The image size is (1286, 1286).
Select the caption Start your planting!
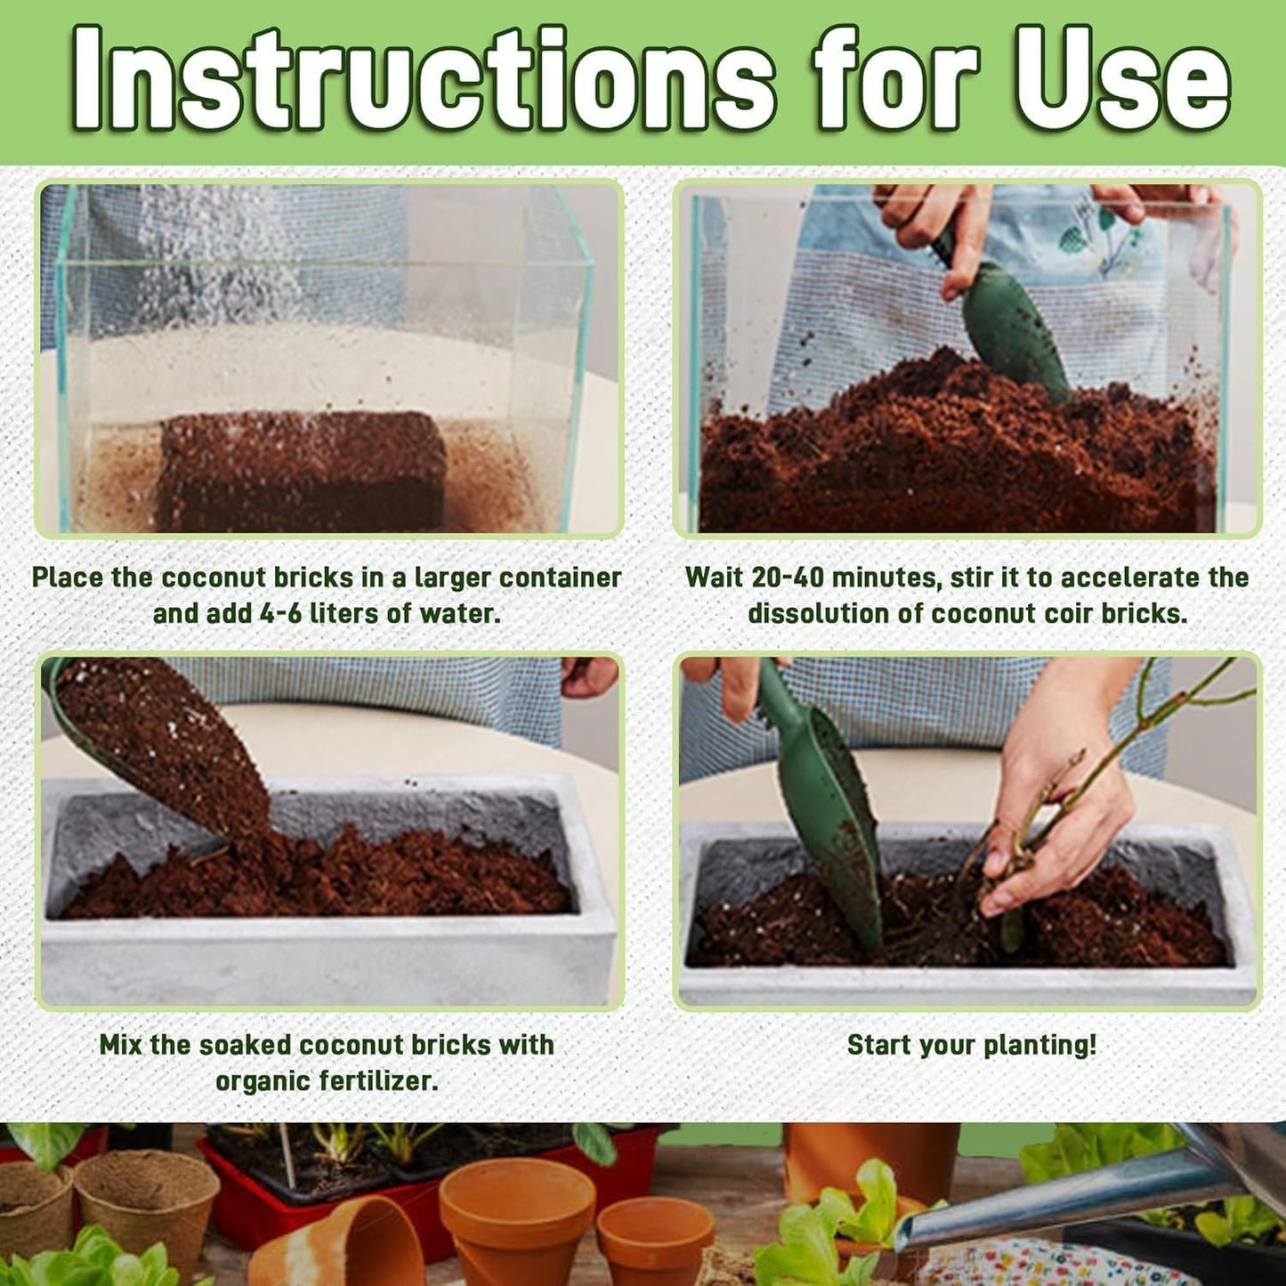(971, 1045)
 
